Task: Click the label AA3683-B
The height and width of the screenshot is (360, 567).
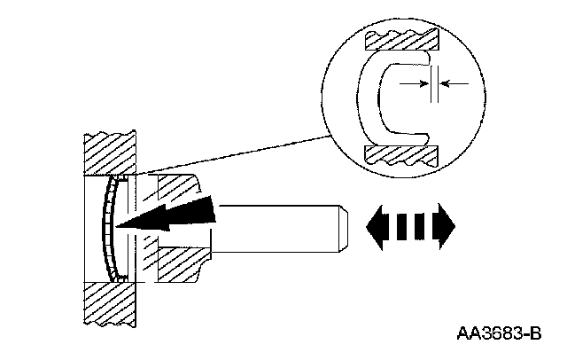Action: [x=499, y=335]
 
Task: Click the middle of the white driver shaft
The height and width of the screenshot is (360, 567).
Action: [x=275, y=226]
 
